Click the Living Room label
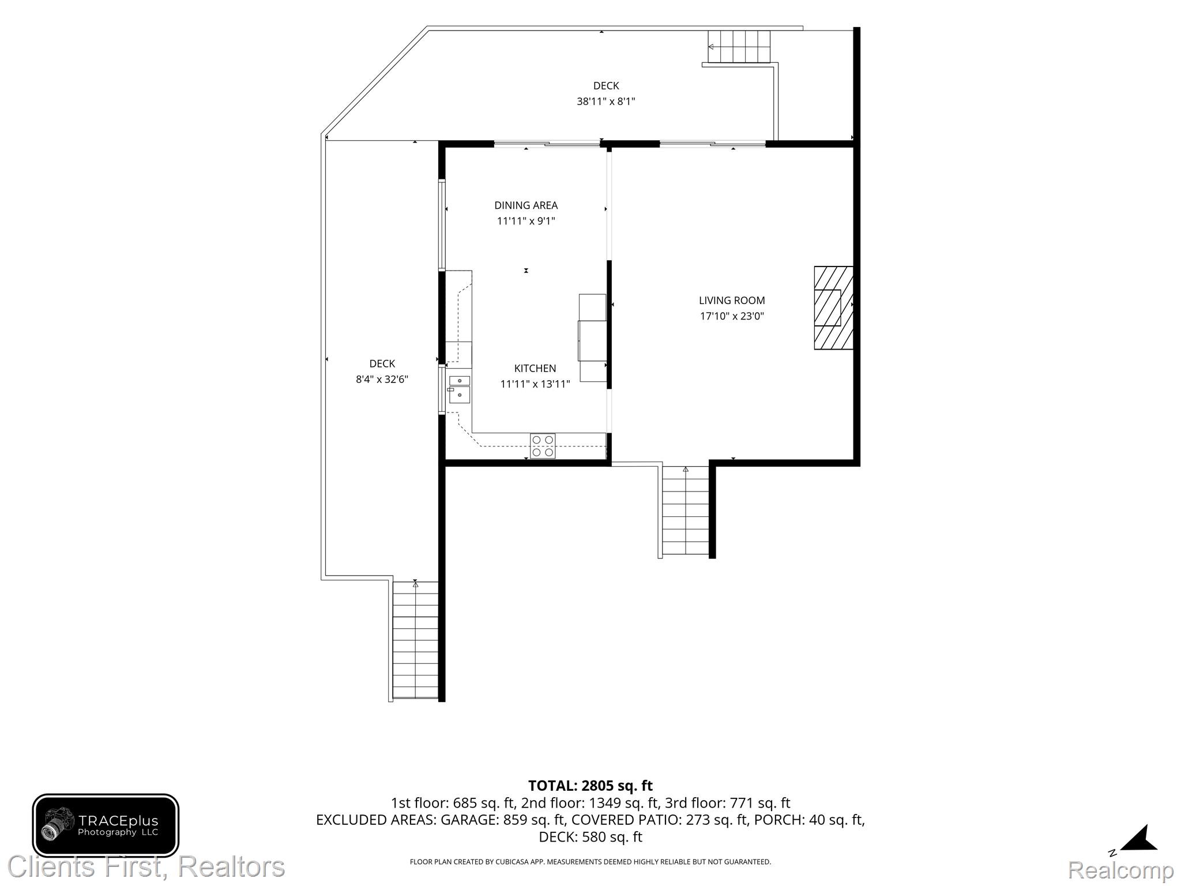coord(732,301)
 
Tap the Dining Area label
coord(526,205)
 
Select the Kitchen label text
coord(535,369)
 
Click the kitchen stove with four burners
coord(543,446)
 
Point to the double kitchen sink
coord(459,388)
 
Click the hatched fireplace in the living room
coord(833,307)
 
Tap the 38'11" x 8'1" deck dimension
coord(606,102)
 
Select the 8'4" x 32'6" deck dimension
coord(382,380)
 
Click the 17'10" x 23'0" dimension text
coord(732,316)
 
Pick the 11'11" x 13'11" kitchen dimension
coord(535,384)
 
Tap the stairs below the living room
coord(685,511)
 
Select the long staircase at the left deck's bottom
coord(415,640)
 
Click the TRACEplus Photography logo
coord(106,825)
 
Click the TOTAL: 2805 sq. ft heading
coord(590,786)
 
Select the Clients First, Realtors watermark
coord(146,866)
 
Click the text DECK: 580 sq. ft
coord(590,836)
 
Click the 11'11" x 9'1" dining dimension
coord(526,221)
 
